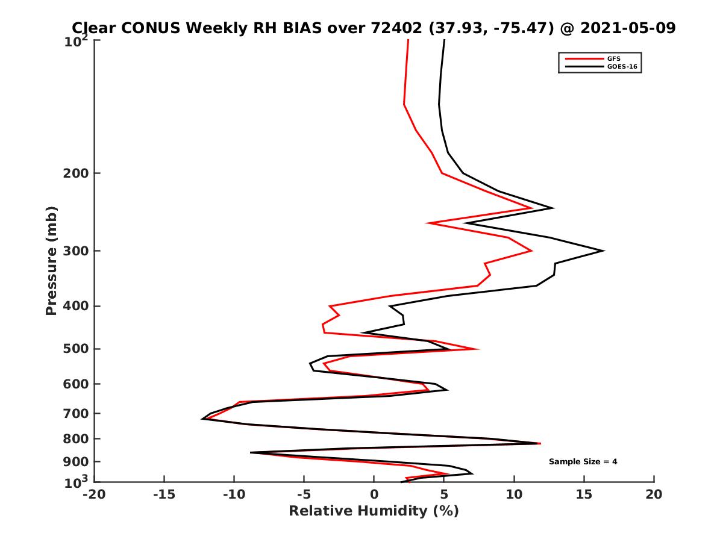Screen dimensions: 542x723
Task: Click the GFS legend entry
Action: [614, 58]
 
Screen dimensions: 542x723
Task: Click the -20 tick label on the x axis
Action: [94, 495]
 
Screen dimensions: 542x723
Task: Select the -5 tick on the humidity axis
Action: [304, 495]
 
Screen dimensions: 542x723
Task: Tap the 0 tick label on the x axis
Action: [374, 495]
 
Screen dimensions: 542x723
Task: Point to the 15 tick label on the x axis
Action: [584, 495]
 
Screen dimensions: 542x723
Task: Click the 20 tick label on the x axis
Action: [654, 495]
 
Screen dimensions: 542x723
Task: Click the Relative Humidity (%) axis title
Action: [374, 511]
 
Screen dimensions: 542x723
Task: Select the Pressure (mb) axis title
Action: [51, 261]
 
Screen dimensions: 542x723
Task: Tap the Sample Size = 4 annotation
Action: [583, 462]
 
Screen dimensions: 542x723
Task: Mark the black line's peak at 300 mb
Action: [603, 251]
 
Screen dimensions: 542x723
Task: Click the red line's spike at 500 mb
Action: [478, 349]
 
